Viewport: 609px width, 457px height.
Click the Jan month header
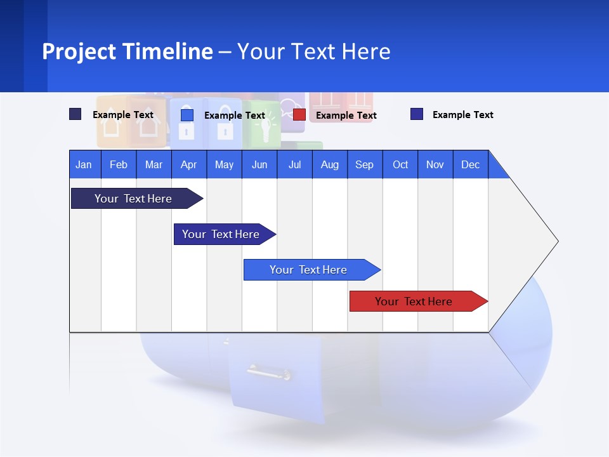click(84, 164)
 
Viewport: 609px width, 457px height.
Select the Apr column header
click(188, 164)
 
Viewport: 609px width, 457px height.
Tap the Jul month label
click(294, 164)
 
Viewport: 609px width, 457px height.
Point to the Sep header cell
click(364, 164)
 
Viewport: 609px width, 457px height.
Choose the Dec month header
click(470, 164)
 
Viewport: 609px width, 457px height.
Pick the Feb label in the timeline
click(119, 164)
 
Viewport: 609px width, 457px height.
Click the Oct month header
click(400, 164)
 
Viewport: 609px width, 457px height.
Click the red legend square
click(299, 115)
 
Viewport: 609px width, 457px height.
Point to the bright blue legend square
click(187, 115)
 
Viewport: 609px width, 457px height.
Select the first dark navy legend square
click(75, 114)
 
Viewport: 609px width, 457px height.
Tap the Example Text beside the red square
click(346, 115)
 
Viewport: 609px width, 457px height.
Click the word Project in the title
click(79, 51)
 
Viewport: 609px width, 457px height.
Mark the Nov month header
click(435, 164)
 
